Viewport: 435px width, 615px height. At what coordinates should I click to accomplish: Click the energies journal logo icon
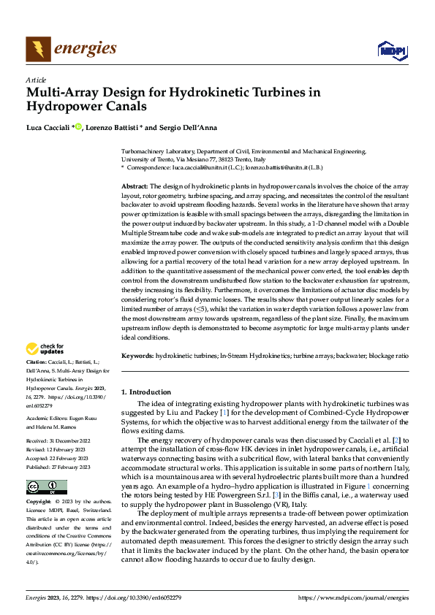click(x=38, y=49)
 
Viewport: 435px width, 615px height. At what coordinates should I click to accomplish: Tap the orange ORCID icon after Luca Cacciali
click(x=78, y=128)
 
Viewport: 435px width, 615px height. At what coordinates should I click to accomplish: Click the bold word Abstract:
click(x=134, y=187)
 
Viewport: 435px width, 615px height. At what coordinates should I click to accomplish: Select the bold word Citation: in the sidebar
click(x=38, y=362)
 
